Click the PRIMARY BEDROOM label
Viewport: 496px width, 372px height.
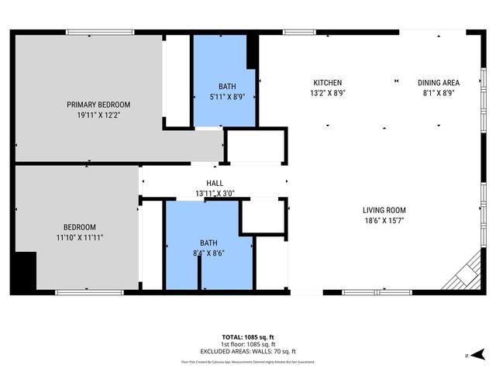pos(98,105)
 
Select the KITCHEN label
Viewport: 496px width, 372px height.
pos(327,83)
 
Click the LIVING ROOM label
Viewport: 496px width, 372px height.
pos(384,210)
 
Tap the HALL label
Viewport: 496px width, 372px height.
pos(215,183)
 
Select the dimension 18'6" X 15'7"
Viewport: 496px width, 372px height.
pos(384,220)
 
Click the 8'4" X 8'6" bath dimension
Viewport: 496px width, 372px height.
pos(208,252)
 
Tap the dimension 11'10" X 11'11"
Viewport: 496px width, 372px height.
pos(79,237)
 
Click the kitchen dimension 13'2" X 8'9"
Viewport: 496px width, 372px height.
pos(327,93)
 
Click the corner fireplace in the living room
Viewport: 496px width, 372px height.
pos(467,273)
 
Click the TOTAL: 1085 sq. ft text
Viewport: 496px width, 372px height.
pos(248,338)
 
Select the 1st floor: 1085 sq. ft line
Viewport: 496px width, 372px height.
pos(248,344)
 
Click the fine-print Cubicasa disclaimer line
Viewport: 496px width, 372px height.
pos(248,361)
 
